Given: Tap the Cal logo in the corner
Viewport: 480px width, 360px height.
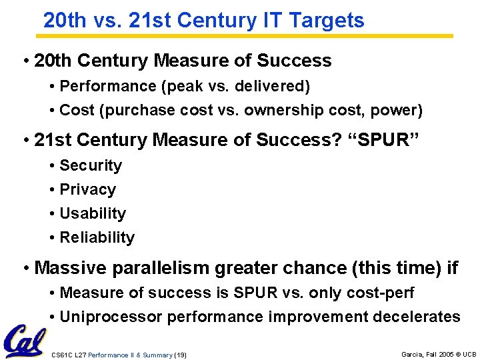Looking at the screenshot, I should tap(24, 341).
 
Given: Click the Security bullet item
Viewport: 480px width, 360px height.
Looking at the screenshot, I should tap(91, 165).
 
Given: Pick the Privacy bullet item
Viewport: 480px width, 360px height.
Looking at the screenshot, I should tap(87, 189).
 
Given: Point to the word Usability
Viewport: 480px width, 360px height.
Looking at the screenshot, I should tap(93, 213).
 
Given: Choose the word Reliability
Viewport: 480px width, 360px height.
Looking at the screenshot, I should tap(97, 237).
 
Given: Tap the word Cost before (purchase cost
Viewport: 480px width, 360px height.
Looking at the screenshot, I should tap(77, 110).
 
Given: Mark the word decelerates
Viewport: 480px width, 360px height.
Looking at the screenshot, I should tap(418, 317).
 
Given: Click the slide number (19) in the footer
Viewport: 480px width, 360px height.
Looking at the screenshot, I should tap(180, 355).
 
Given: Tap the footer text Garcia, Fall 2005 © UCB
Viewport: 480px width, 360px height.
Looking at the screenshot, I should tap(439, 355).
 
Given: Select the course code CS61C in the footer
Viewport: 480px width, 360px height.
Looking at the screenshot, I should tap(61, 355).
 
